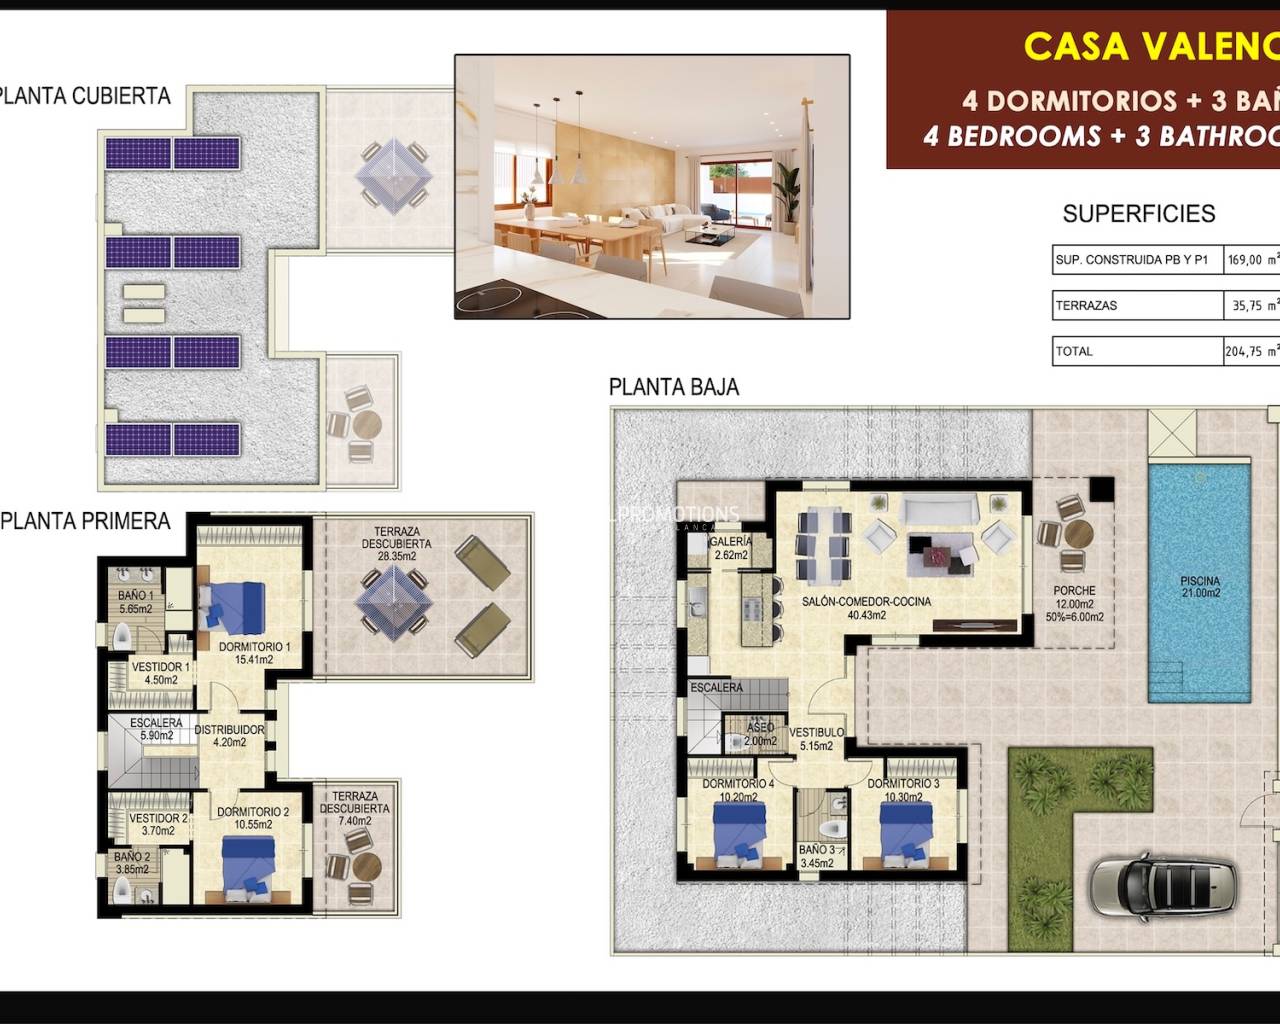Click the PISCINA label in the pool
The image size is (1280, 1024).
pyautogui.click(x=1199, y=586)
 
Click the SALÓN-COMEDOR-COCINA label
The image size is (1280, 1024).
pyautogui.click(x=866, y=608)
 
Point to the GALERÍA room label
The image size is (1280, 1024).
pyautogui.click(x=730, y=548)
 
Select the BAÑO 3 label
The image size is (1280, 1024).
pyautogui.click(x=817, y=856)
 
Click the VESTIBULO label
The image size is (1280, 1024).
pyautogui.click(x=817, y=738)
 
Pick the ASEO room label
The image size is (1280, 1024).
pyautogui.click(x=760, y=734)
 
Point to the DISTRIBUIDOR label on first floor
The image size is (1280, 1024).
pyautogui.click(x=229, y=736)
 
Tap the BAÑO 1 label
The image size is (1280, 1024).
pyautogui.click(x=135, y=602)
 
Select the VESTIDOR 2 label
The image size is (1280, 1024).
pyautogui.click(x=158, y=824)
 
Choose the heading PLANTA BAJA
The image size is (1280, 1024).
pyautogui.click(x=673, y=387)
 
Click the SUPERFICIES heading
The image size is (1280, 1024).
pyautogui.click(x=1138, y=213)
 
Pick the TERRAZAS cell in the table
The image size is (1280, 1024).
pyautogui.click(x=1086, y=305)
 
